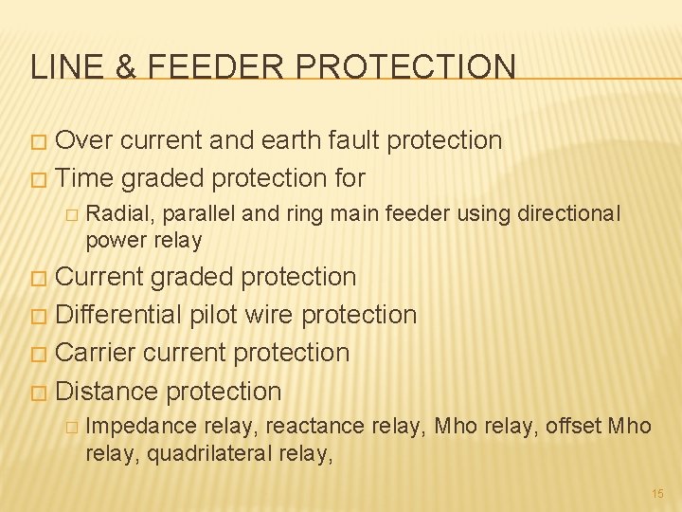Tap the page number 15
[657, 494]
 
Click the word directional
[568, 214]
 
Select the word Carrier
[97, 353]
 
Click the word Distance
[107, 391]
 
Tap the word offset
[574, 427]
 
